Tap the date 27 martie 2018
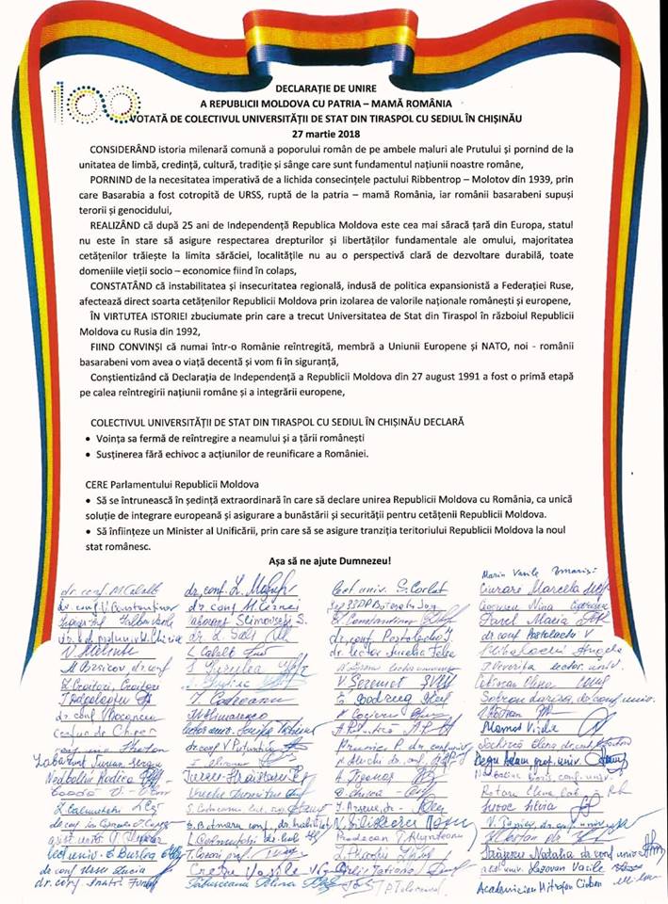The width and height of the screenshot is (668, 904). click(x=334, y=134)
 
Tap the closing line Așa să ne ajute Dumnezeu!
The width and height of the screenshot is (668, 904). click(x=334, y=561)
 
